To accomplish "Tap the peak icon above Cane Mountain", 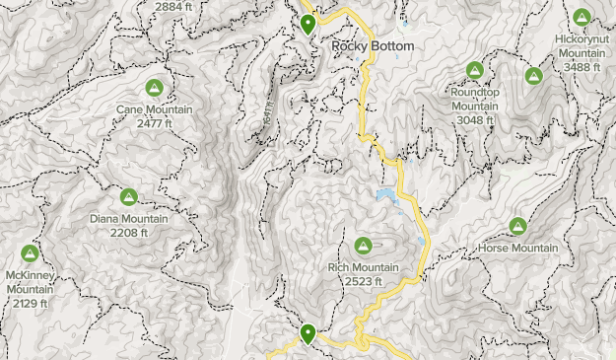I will pyautogui.click(x=155, y=87).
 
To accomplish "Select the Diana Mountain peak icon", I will pyautogui.click(x=128, y=197).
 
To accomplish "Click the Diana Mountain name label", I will pyautogui.click(x=129, y=219).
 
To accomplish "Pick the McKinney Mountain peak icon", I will pyautogui.click(x=31, y=253).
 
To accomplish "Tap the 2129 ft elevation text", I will pyautogui.click(x=29, y=303).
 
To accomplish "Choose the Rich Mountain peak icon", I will pyautogui.click(x=363, y=246).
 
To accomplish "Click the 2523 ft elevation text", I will pyautogui.click(x=363, y=281).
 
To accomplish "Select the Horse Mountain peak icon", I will pyautogui.click(x=518, y=226).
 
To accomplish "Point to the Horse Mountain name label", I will pyautogui.click(x=518, y=248).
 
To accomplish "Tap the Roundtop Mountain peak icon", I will pyautogui.click(x=474, y=71).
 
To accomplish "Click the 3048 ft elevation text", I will pyautogui.click(x=473, y=119).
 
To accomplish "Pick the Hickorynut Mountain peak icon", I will pyautogui.click(x=581, y=18).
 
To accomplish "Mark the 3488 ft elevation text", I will pyautogui.click(x=580, y=66).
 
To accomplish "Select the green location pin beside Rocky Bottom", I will pyautogui.click(x=308, y=25).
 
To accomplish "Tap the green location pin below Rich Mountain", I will pyautogui.click(x=308, y=335).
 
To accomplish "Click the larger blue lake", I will pyautogui.click(x=386, y=197).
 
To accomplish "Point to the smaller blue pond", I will pyautogui.click(x=421, y=241).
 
